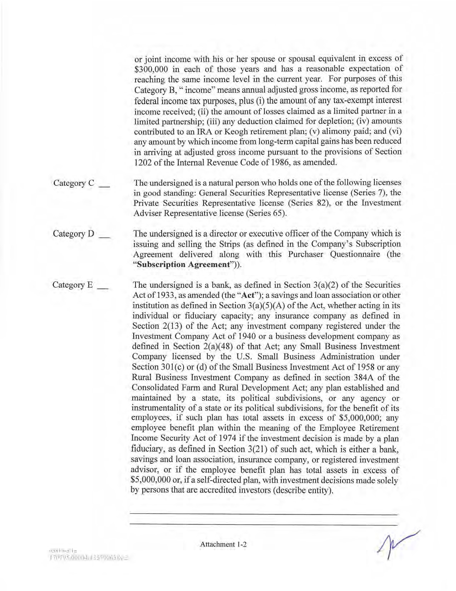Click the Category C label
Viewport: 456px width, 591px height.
74,183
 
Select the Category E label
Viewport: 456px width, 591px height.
72,285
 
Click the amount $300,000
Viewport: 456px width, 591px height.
151,69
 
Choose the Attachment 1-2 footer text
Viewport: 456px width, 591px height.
223,544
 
